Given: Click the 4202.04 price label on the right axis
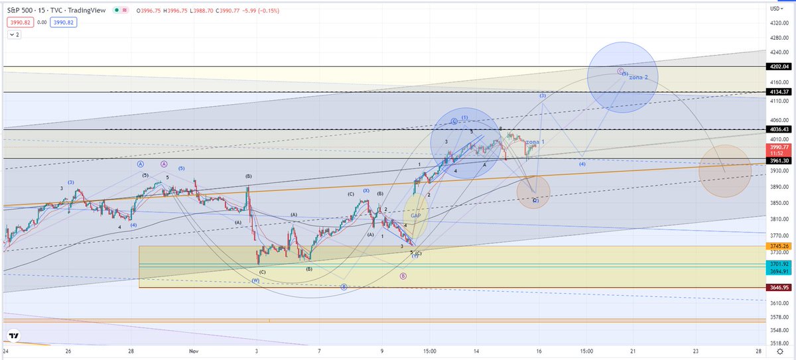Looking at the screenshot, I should point(779,66).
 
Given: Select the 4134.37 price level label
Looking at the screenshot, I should point(779,91).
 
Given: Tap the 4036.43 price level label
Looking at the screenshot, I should point(779,129).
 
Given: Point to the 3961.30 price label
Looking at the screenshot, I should point(779,160).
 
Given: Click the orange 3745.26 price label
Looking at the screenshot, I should point(779,246).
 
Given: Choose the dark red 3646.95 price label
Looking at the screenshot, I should point(779,288).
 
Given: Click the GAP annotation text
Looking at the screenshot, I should point(416,215).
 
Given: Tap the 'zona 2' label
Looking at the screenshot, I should point(637,78).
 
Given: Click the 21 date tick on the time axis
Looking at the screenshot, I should point(633,351).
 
